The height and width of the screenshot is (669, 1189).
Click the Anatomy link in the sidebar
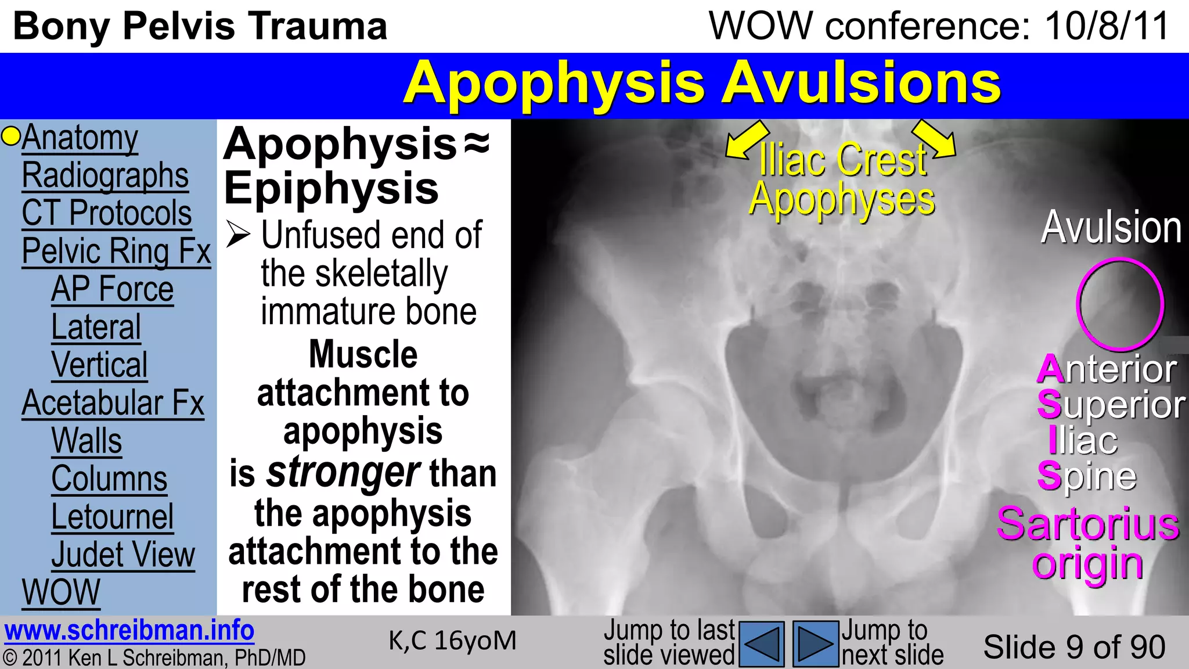click(x=80, y=138)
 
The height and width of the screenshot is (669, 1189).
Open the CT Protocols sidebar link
click(x=107, y=213)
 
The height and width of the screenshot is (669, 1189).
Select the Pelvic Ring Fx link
click(x=116, y=251)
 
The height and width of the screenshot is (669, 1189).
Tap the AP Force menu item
click(x=112, y=289)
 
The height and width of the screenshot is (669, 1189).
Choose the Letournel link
click(x=112, y=517)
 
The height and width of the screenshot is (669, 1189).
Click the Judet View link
click(x=123, y=555)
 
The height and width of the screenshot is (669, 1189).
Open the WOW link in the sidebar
click(x=61, y=592)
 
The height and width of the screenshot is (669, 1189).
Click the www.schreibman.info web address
click(x=129, y=631)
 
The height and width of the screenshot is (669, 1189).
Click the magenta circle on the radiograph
click(x=1120, y=304)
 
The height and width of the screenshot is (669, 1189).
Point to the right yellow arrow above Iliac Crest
click(x=934, y=139)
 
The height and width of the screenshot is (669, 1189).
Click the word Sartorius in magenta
click(x=1088, y=524)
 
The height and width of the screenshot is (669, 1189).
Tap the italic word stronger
click(x=343, y=473)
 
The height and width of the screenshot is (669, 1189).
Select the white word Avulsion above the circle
click(x=1111, y=228)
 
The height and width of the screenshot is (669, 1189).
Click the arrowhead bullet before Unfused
click(x=238, y=235)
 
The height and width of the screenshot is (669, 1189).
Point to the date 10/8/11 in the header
click(x=1107, y=26)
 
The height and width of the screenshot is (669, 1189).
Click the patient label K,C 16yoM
click(x=452, y=641)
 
